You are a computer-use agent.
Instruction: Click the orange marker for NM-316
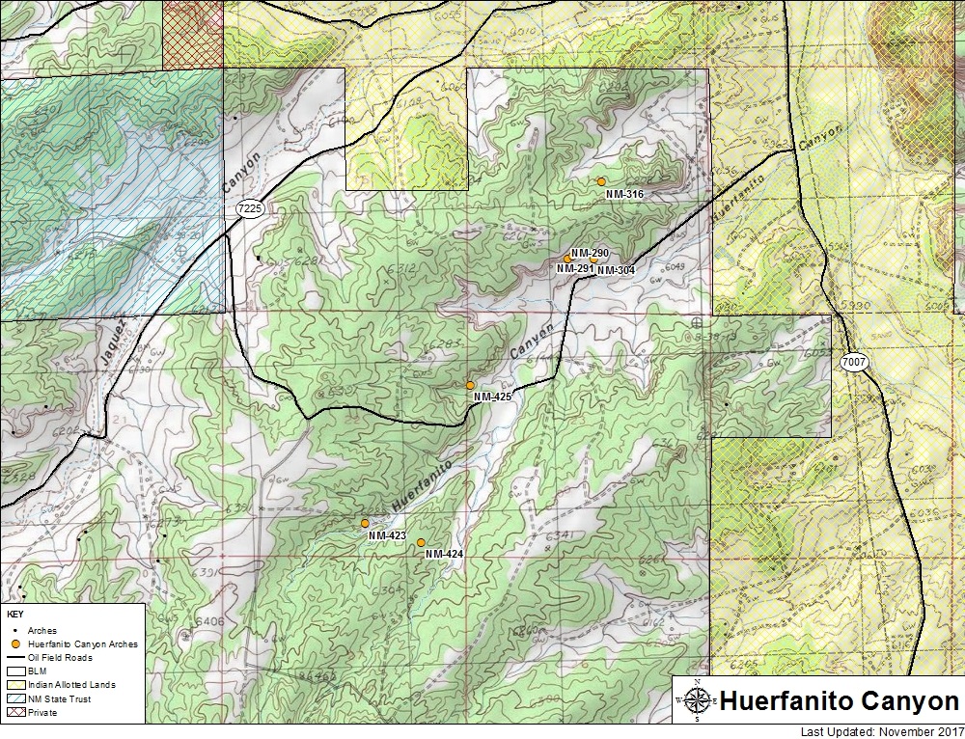(601, 181)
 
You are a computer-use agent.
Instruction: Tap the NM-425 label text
(492, 397)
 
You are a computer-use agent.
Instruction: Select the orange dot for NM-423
(365, 523)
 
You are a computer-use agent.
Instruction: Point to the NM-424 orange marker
(421, 542)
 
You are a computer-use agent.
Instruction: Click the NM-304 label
(617, 271)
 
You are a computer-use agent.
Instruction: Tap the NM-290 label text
(590, 253)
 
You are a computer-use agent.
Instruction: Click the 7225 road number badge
(249, 208)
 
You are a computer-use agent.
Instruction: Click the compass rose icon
(698, 699)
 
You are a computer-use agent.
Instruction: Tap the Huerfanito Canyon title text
(839, 700)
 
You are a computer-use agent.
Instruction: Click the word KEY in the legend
(15, 614)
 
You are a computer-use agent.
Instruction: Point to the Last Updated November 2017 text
(880, 731)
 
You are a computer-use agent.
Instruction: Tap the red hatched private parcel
(192, 34)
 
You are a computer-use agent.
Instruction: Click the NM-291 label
(575, 268)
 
